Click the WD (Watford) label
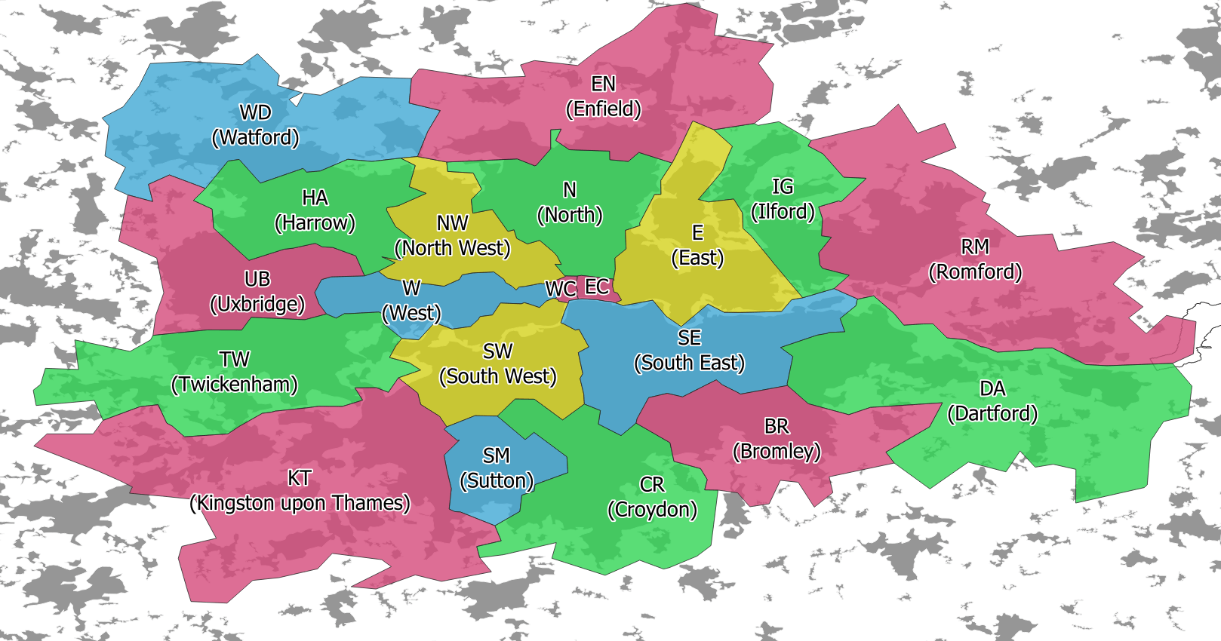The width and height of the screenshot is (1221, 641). tap(255, 125)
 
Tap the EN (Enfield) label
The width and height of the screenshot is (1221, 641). tap(603, 97)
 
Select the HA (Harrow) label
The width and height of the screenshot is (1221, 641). tap(315, 210)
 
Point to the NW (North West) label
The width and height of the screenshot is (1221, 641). tap(452, 235)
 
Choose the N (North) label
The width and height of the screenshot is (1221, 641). tap(570, 202)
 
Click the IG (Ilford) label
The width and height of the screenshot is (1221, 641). tap(783, 198)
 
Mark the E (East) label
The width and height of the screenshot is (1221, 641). tap(697, 245)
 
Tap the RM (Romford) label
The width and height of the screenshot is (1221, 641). tap(975, 259)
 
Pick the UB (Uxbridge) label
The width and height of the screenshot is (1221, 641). tap(257, 291)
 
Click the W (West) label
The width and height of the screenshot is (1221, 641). tap(411, 300)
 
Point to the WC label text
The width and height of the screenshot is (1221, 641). tap(561, 290)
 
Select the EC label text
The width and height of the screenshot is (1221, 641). tap(597, 287)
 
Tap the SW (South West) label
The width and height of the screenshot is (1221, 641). tap(497, 363)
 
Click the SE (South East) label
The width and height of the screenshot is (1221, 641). tap(689, 350)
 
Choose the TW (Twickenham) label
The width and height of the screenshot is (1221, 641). tap(235, 371)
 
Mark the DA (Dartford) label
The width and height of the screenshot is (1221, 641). tap(992, 400)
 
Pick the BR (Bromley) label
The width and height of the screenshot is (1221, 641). tap(777, 438)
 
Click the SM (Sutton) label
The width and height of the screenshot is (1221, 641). tap(497, 468)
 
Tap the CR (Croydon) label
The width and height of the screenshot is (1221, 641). tap(652, 496)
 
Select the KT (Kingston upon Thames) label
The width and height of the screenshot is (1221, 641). tap(300, 490)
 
